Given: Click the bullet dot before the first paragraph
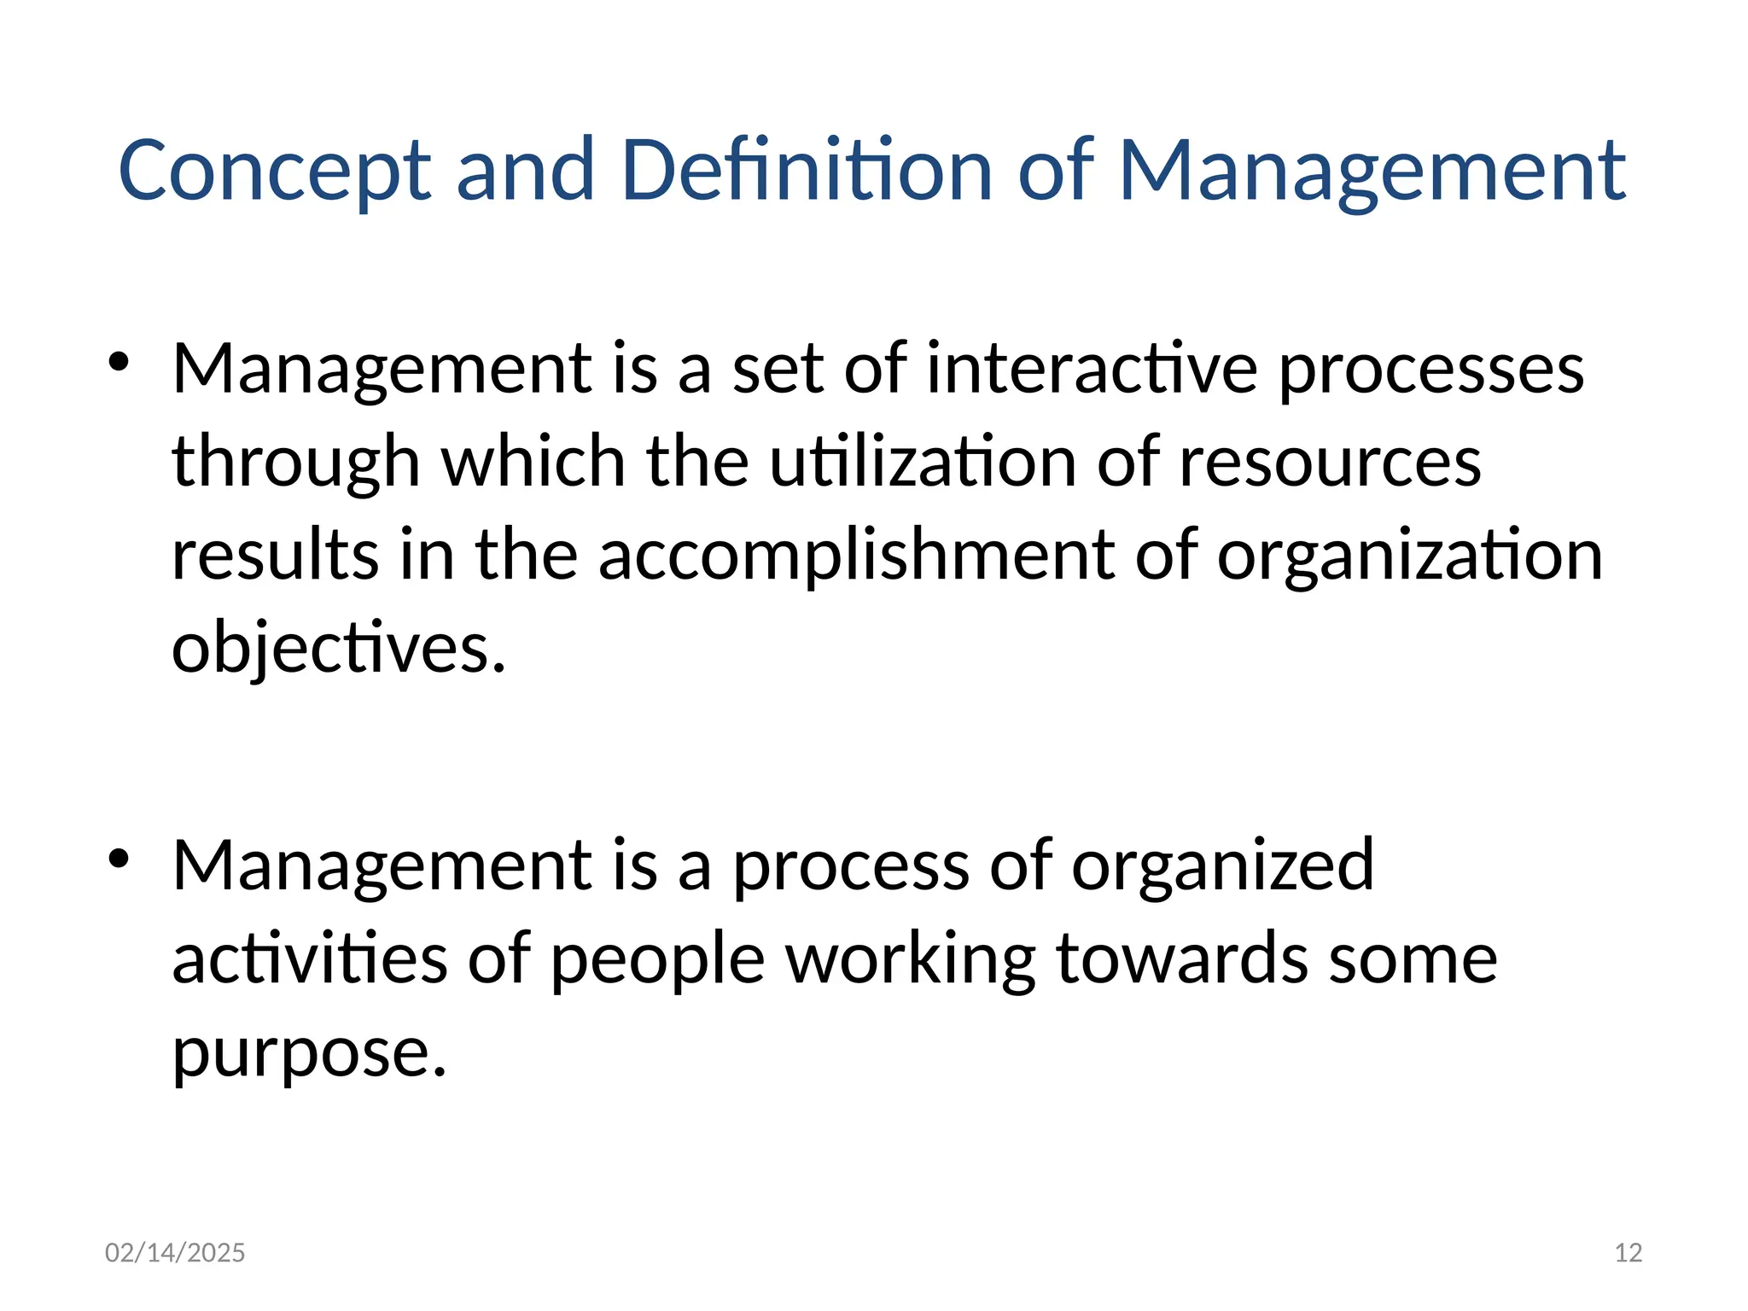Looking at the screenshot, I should [x=119, y=362].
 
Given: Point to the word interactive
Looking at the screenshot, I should [x=1092, y=369].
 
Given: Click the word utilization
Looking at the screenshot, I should [x=922, y=462].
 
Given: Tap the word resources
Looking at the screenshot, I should [x=1330, y=463].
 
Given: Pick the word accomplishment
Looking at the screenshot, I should [x=856, y=556].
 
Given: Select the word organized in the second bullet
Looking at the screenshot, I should [x=1222, y=867].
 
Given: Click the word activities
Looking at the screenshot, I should [x=310, y=958].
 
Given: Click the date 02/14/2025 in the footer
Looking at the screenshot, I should [x=175, y=1252].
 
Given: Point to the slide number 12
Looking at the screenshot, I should [x=1629, y=1252].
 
